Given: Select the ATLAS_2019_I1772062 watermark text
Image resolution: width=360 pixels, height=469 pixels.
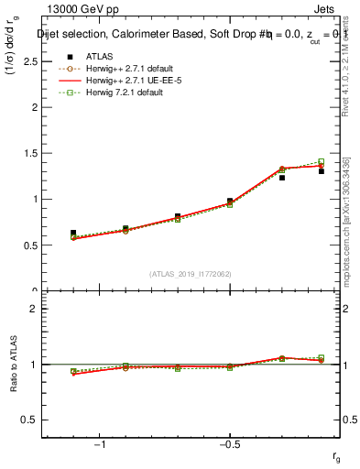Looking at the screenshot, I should pos(191,272).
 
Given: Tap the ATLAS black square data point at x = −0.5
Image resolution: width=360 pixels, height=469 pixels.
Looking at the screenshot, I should pos(230,202).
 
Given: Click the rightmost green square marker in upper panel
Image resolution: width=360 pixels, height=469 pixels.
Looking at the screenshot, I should pos(321,162).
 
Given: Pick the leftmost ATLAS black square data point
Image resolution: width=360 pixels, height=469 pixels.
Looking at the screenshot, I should pos(73,233).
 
